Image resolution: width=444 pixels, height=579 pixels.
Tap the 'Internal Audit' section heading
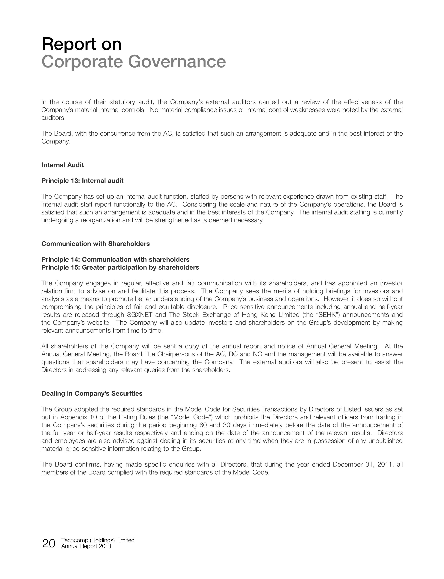(62, 165)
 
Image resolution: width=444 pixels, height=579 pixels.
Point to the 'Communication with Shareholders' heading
(95, 244)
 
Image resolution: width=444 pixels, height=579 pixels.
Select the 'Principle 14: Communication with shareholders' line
(115, 260)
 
